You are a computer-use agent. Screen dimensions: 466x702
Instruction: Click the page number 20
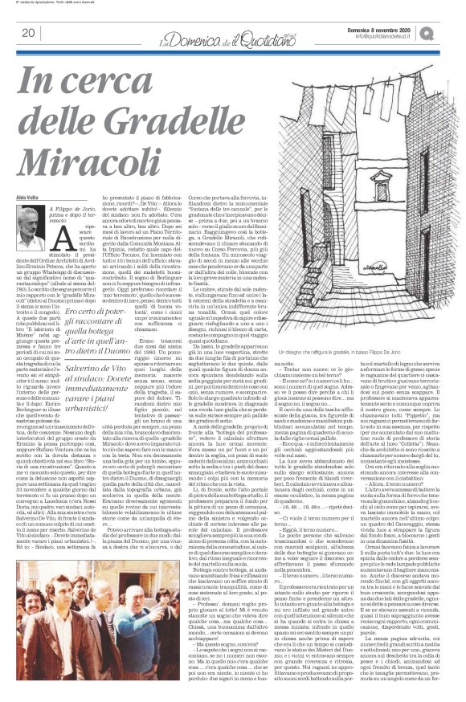(27, 32)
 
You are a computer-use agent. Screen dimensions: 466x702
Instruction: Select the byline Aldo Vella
(28, 195)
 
